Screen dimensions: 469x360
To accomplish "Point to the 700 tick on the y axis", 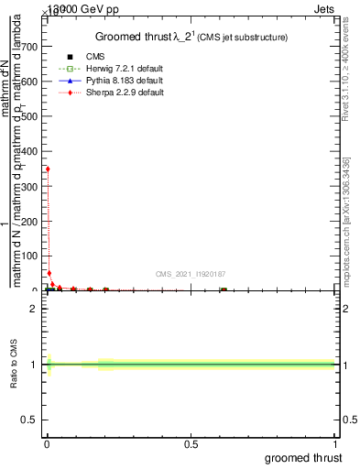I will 34,47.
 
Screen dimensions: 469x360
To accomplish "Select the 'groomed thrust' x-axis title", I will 303,457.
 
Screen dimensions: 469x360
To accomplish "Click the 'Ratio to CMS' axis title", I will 14,365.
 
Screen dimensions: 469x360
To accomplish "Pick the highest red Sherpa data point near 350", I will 48,169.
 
